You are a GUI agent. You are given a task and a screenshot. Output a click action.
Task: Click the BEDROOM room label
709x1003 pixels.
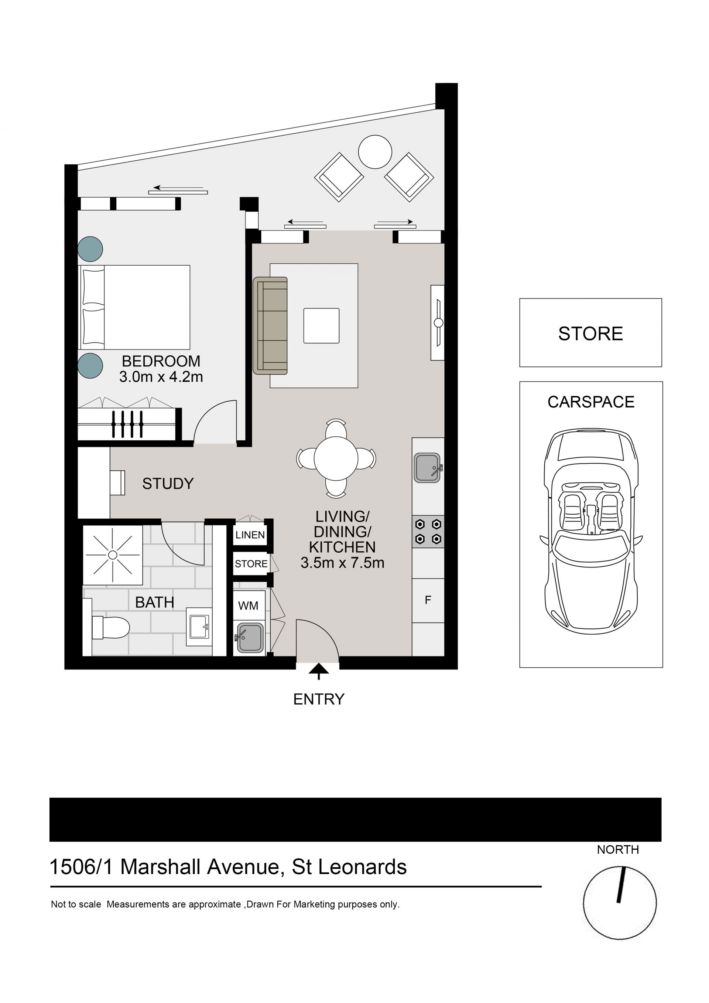coord(161,361)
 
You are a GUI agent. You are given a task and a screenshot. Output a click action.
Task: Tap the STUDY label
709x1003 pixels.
coord(168,484)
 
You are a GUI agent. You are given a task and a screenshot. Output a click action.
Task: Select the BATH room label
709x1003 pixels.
coord(155,603)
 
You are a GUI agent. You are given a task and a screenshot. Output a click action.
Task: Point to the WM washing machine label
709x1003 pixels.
coord(248,605)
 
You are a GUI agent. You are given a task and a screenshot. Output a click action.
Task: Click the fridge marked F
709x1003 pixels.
coord(428,600)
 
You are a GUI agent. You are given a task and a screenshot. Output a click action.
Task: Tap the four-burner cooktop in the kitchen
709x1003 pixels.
coord(428,532)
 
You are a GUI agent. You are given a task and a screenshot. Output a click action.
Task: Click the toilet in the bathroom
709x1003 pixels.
coord(110,628)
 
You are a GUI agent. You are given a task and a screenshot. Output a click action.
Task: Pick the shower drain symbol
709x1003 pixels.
coord(113,555)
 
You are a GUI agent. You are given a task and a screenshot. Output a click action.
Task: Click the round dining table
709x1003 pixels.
coord(336,459)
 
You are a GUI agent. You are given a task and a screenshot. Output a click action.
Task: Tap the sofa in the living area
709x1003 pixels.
coord(270,325)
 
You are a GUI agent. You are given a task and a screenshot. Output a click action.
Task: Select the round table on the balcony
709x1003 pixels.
coord(375,151)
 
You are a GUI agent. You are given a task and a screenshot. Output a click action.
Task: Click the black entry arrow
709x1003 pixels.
coord(319,671)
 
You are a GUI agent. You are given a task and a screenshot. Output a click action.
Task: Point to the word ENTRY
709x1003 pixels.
coord(319,699)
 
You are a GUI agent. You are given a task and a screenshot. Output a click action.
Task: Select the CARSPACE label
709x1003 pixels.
coord(591,402)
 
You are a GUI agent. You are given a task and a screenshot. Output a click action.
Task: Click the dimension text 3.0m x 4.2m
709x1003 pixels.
coord(161,376)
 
